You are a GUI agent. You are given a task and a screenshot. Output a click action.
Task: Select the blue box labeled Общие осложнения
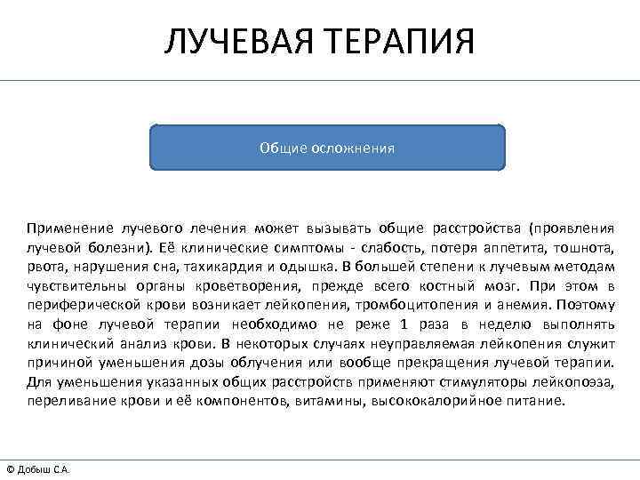(x=327, y=148)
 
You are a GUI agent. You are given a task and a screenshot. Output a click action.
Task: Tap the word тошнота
(x=586, y=246)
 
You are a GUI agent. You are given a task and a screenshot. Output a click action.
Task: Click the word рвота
(x=43, y=266)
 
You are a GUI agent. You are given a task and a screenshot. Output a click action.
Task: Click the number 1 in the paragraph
(x=404, y=324)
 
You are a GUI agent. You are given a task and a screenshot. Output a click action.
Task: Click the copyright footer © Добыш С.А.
(x=38, y=469)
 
